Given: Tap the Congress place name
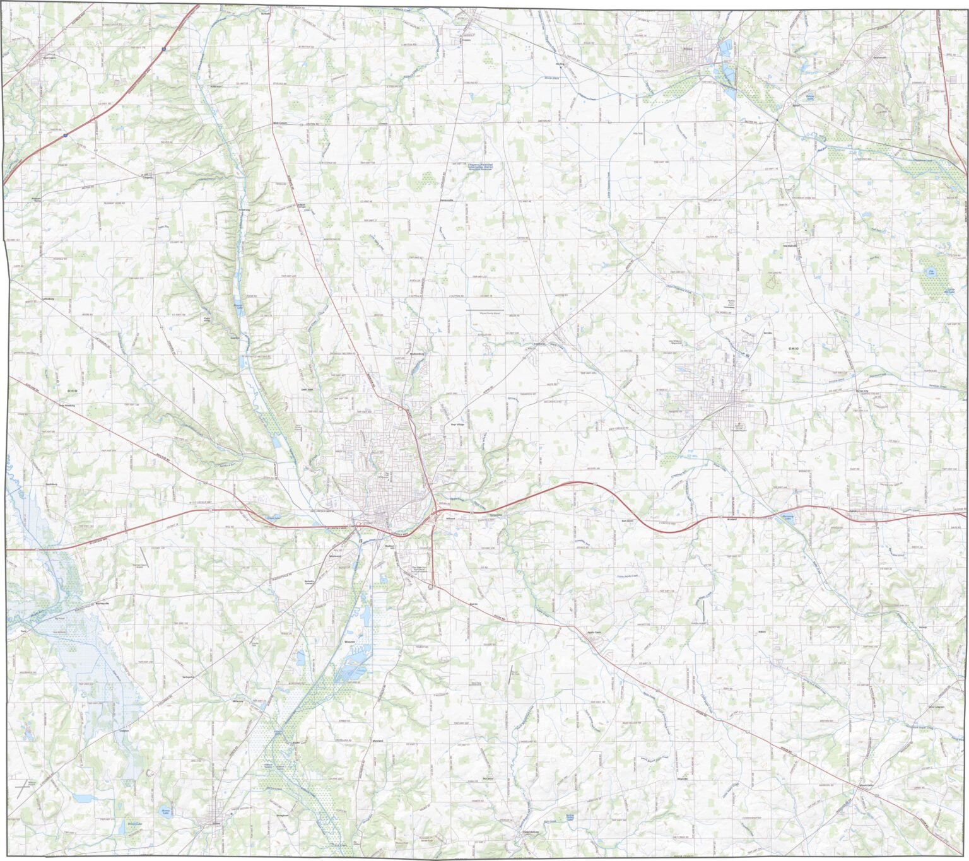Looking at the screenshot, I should [x=148, y=178].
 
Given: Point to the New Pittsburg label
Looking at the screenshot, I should [x=67, y=406].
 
